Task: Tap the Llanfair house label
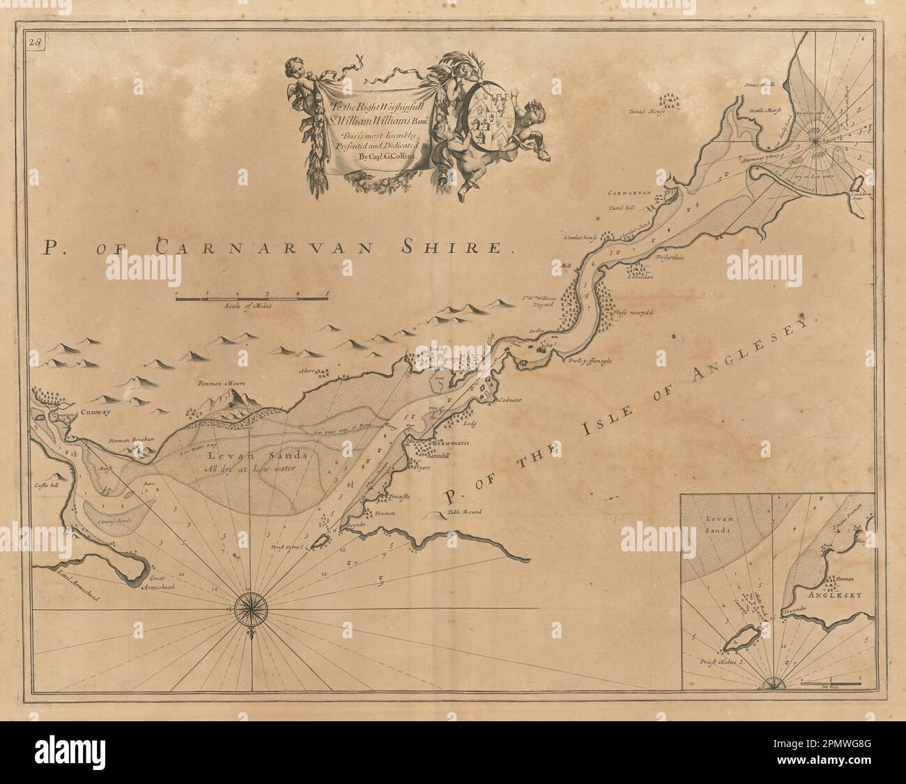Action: click(581, 238)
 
